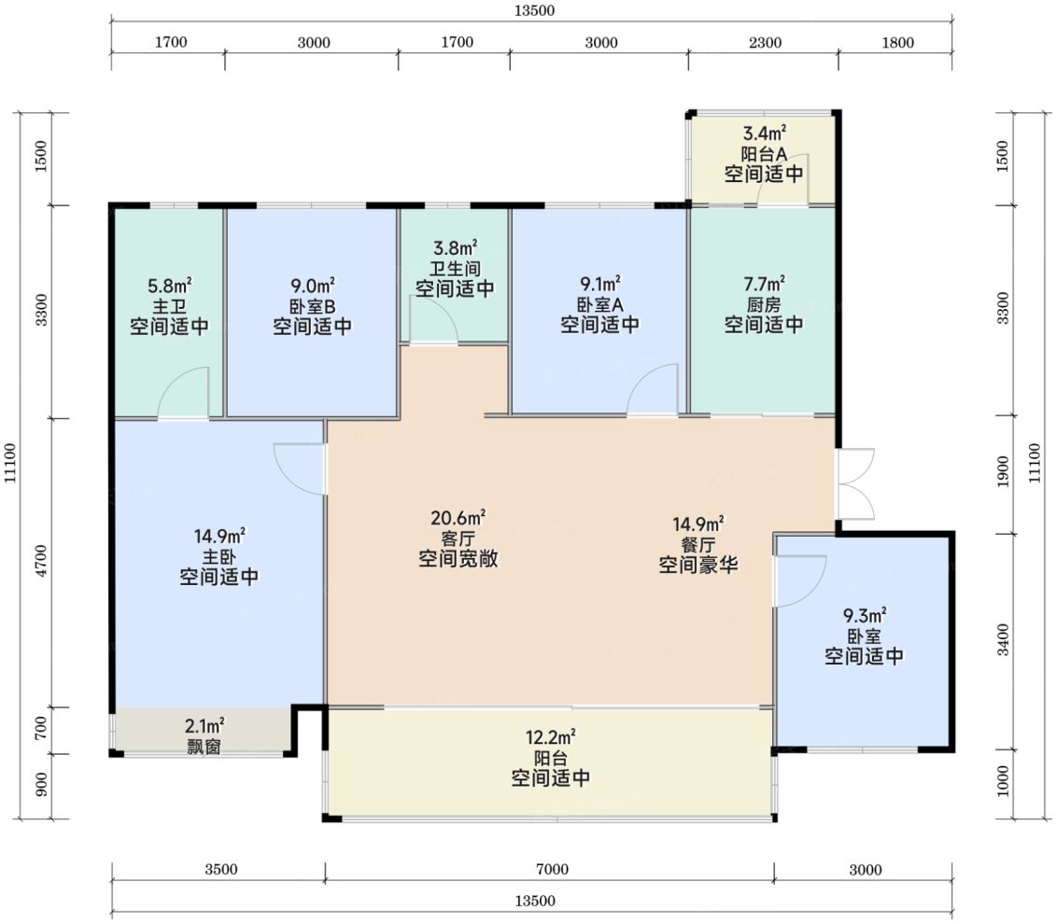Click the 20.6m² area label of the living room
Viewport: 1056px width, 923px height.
point(458,518)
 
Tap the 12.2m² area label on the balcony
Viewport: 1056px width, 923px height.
point(550,737)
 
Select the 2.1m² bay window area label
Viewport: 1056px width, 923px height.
point(204,726)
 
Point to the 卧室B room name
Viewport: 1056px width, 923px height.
point(313,307)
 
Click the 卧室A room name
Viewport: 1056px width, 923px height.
point(600,305)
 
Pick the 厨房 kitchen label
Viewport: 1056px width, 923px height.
point(764,305)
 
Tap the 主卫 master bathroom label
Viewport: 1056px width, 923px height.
point(169,307)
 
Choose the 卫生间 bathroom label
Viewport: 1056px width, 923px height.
point(456,269)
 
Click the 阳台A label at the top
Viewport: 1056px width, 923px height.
point(764,154)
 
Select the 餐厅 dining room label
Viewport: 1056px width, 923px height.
point(698,544)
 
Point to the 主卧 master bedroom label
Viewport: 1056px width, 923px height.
point(218,557)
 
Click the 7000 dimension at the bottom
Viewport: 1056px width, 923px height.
point(552,870)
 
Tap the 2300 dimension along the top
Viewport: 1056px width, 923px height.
point(765,42)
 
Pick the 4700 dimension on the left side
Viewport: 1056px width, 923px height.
point(42,561)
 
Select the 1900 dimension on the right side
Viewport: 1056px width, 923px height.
point(1003,472)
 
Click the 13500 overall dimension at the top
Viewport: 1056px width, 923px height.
point(534,11)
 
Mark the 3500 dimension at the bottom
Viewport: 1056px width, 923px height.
point(221,870)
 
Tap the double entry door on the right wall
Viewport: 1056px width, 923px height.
point(856,484)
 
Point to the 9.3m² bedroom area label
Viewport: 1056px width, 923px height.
point(865,615)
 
